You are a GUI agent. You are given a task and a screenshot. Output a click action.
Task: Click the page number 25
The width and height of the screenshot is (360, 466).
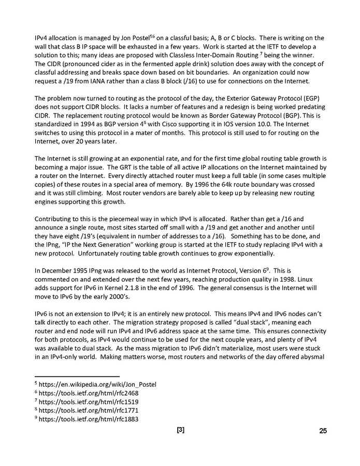pyautogui.click(x=323, y=431)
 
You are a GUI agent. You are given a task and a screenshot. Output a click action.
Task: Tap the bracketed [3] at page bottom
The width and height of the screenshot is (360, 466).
pyautogui.click(x=181, y=430)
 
